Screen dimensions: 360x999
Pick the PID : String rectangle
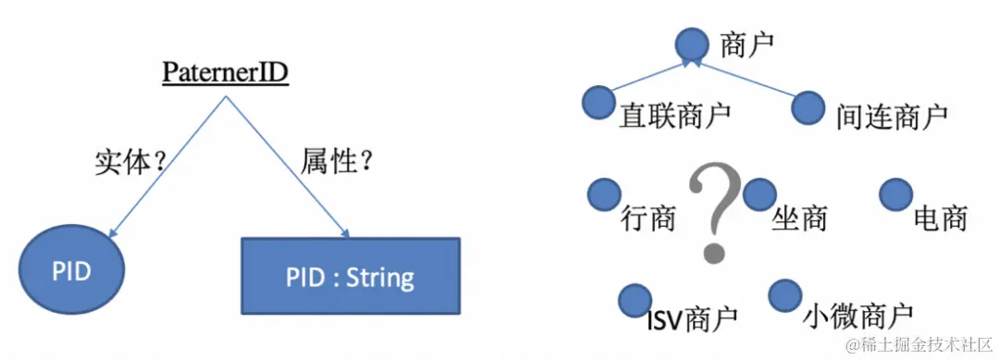pyautogui.click(x=350, y=276)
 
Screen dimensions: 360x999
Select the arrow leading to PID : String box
pyautogui.click(x=287, y=167)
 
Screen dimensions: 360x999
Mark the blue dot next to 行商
pyautogui.click(x=604, y=193)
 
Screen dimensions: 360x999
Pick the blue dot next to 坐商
pyautogui.click(x=758, y=193)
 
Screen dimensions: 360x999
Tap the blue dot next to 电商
pyautogui.click(x=895, y=193)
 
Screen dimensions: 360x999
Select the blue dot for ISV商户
pyautogui.click(x=635, y=299)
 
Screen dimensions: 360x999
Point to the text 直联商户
pyautogui.click(x=675, y=116)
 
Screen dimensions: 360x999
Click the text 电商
pyautogui.click(x=940, y=218)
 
